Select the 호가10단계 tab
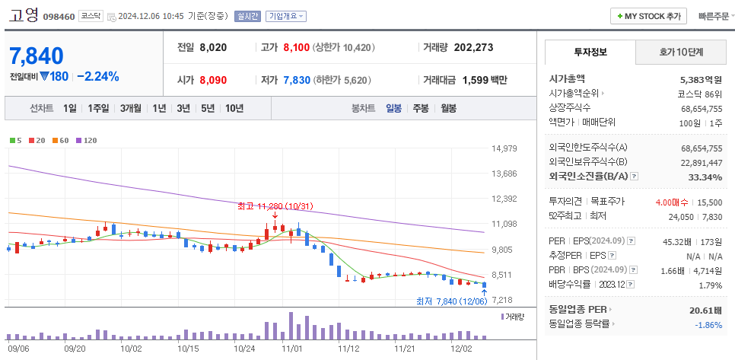pos(680,53)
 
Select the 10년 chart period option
pos(234,108)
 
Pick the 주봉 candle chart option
pos(421,108)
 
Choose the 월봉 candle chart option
pos(447,108)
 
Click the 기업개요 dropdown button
pos(286,16)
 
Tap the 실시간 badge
pos(247,16)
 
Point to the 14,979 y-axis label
pos(504,148)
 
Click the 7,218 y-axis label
pos(504,300)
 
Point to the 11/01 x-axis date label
pos(292,348)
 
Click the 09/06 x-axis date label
pos(19,348)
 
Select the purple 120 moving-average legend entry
pos(87,140)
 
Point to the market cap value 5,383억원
pos(701,79)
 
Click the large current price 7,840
pos(37,55)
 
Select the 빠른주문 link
pos(714,16)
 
